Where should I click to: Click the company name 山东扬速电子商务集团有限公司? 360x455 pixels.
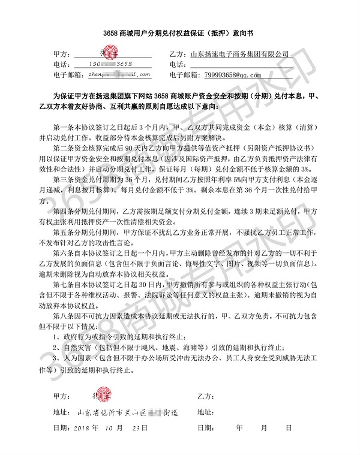[x=240, y=53]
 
